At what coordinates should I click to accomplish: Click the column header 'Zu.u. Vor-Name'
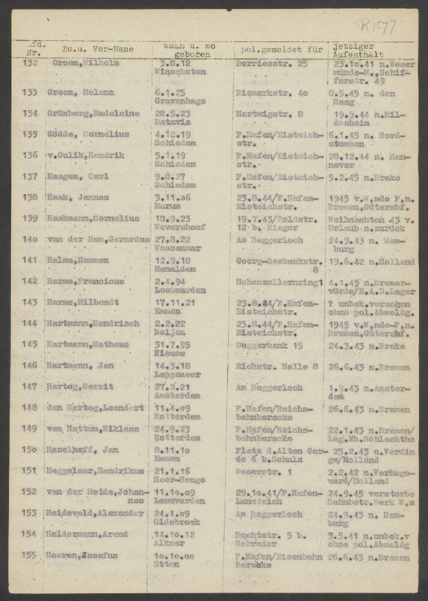98,49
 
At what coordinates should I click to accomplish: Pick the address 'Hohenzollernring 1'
281,281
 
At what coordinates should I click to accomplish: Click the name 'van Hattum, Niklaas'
93,429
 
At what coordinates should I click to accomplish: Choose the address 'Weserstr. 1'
263,471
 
